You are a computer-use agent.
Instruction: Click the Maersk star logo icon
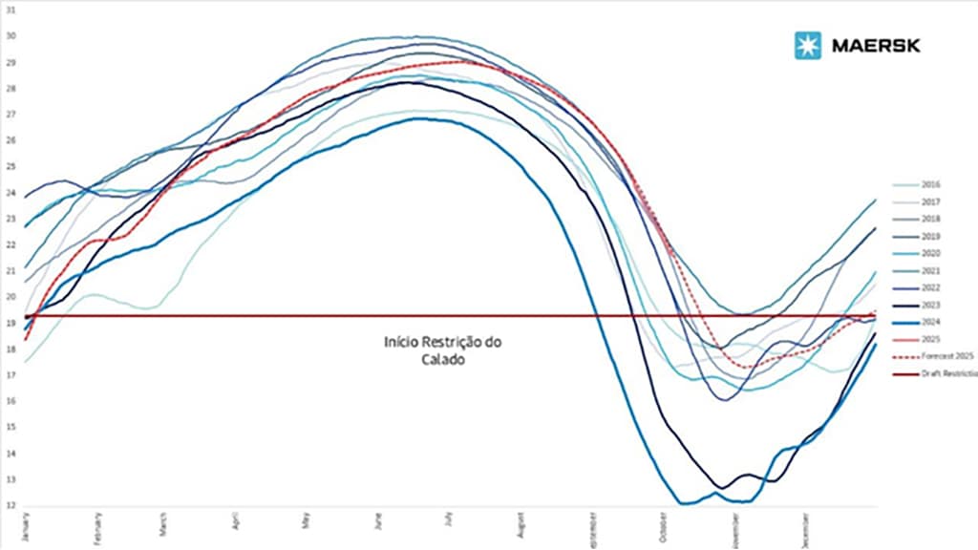[808, 45]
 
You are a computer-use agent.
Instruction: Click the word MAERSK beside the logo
[873, 45]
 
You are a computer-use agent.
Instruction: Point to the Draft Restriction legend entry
[946, 373]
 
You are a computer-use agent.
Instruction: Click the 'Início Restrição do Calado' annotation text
[442, 350]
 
